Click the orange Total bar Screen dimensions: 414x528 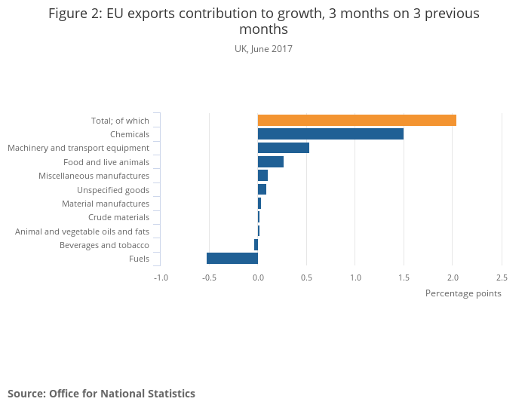[357, 120]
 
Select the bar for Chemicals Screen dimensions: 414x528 [330, 134]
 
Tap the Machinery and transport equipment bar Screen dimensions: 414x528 [284, 148]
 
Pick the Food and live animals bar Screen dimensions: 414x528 [271, 162]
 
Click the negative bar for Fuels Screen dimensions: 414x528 [232, 259]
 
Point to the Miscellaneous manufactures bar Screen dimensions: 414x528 [262, 176]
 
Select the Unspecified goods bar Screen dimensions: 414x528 [262, 189]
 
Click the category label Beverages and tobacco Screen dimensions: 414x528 [104, 245]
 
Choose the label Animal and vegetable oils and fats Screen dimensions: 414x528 [82, 232]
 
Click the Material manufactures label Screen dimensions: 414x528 [106, 204]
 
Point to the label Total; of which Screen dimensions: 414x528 [120, 121]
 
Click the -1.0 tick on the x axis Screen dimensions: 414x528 [161, 277]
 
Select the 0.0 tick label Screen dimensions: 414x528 [258, 277]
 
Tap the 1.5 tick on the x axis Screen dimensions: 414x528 [404, 277]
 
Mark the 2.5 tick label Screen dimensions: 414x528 [502, 277]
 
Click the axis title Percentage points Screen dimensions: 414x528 [463, 293]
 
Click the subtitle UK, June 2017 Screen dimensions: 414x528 [263, 49]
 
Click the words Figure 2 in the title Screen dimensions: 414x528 [75, 14]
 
